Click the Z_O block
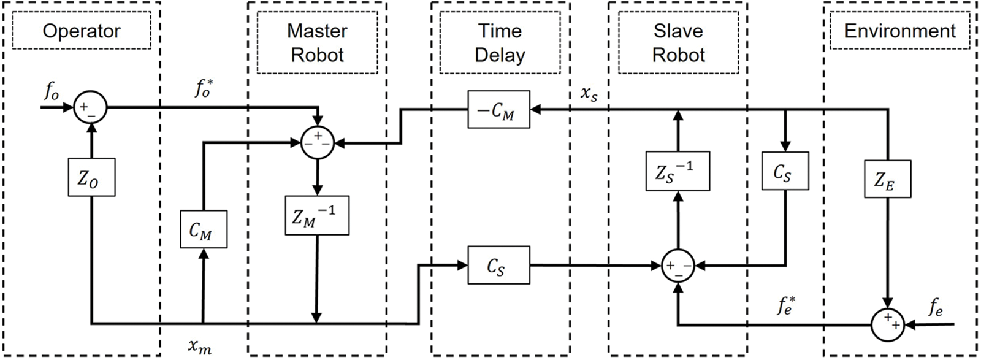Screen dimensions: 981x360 pyautogui.click(x=91, y=177)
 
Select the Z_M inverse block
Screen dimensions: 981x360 pyautogui.click(x=317, y=215)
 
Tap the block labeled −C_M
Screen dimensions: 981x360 pyautogui.click(x=498, y=110)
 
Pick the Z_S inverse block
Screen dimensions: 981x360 pyautogui.click(x=678, y=171)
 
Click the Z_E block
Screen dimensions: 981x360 pyautogui.click(x=888, y=178)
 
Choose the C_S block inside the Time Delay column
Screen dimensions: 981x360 pyautogui.click(x=498, y=265)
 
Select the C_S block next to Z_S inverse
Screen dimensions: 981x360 pyautogui.click(x=785, y=171)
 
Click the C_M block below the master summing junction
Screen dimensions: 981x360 pyautogui.click(x=204, y=229)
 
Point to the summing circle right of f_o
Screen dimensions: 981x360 pyautogui.click(x=90, y=107)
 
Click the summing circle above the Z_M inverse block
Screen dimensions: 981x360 pyautogui.click(x=318, y=142)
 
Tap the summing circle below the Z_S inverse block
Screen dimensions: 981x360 pyautogui.click(x=678, y=266)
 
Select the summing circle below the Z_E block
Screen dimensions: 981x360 pyautogui.click(x=888, y=325)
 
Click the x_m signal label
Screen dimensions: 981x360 pyautogui.click(x=200, y=347)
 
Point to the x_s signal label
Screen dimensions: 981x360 pyautogui.click(x=589, y=93)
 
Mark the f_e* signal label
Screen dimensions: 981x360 pyautogui.click(x=787, y=305)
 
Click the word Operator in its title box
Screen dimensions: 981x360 pyautogui.click(x=82, y=31)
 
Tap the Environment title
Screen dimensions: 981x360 pyautogui.click(x=900, y=31)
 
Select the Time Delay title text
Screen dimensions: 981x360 pyautogui.click(x=500, y=43)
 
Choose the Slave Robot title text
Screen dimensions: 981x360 pyautogui.click(x=678, y=43)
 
